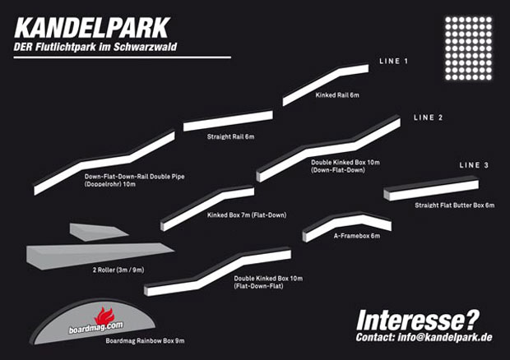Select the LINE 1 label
pos(394,62)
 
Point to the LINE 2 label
pos(428,118)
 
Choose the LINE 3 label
pos(474,166)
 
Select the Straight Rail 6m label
pos(231,136)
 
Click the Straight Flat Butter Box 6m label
pos(454,205)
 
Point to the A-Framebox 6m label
pos(356,236)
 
